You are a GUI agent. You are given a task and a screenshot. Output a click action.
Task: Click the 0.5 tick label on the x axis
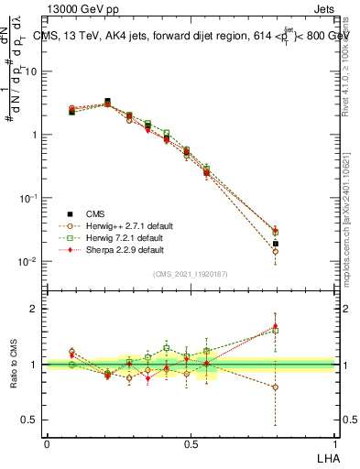[190, 443]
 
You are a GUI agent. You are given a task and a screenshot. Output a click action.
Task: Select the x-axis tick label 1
[334, 443]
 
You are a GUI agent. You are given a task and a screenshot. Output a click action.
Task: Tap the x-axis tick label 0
[47, 443]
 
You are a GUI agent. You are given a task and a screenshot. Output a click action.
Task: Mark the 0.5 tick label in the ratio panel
[33, 420]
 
